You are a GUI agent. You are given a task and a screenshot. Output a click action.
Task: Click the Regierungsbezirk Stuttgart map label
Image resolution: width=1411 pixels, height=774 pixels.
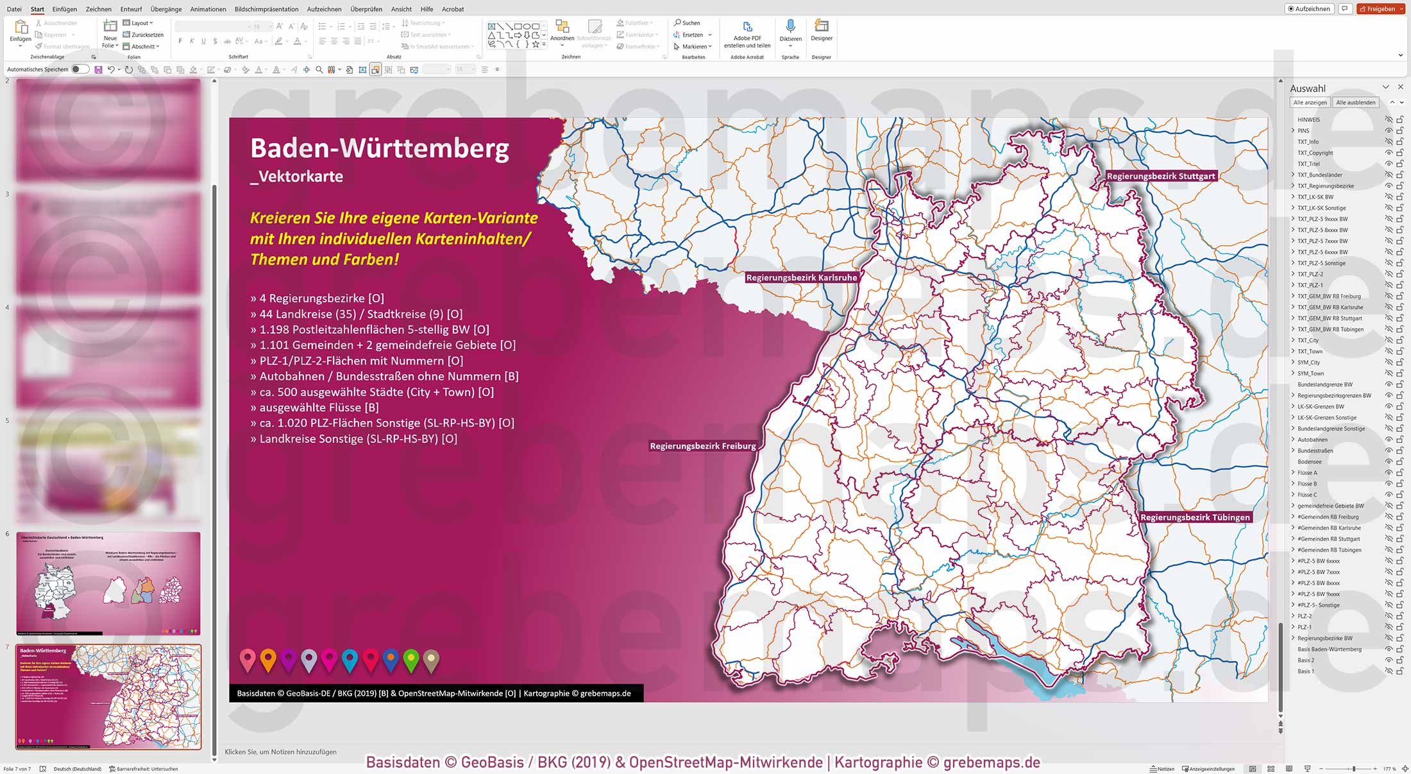pyautogui.click(x=1160, y=176)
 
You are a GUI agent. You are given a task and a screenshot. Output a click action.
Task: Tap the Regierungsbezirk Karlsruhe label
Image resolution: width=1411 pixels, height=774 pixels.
pyautogui.click(x=801, y=278)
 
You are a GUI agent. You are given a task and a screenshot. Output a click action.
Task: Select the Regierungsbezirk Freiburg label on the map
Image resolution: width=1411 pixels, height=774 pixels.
pyautogui.click(x=702, y=446)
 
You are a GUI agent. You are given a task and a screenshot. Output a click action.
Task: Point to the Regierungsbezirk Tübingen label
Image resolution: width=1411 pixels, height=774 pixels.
pyautogui.click(x=1195, y=517)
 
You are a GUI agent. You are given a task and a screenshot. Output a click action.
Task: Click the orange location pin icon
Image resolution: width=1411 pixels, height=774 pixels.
pyautogui.click(x=268, y=659)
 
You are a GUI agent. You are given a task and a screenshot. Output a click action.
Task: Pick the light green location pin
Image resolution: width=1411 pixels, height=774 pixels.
pyautogui.click(x=411, y=659)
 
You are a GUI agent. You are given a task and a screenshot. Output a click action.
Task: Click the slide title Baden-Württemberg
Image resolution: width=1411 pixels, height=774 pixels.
pyautogui.click(x=380, y=148)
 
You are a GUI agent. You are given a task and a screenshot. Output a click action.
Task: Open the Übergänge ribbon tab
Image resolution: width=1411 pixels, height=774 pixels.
pyautogui.click(x=166, y=9)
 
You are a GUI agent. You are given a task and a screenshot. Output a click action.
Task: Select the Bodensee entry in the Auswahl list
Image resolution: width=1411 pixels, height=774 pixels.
pyautogui.click(x=1309, y=461)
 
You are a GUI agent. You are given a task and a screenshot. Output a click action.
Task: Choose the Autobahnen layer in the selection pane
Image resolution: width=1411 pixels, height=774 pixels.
pyautogui.click(x=1312, y=440)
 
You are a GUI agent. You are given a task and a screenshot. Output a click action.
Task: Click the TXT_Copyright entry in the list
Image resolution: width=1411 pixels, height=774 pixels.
pyautogui.click(x=1315, y=153)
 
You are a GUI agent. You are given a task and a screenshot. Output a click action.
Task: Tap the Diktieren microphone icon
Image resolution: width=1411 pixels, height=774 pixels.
pyautogui.click(x=790, y=26)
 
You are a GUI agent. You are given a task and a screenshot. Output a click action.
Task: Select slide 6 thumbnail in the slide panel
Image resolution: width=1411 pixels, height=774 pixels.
pyautogui.click(x=108, y=583)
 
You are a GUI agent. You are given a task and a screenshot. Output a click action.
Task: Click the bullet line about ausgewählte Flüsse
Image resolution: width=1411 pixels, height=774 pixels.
pyautogui.click(x=314, y=408)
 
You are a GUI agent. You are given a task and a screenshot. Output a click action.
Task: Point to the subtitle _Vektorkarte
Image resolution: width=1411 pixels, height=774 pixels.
pyautogui.click(x=296, y=176)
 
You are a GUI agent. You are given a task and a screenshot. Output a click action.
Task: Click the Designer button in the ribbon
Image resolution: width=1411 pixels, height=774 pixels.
pyautogui.click(x=821, y=30)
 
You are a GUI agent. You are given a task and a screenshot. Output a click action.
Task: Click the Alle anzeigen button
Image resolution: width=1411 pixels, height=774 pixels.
pyautogui.click(x=1310, y=103)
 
